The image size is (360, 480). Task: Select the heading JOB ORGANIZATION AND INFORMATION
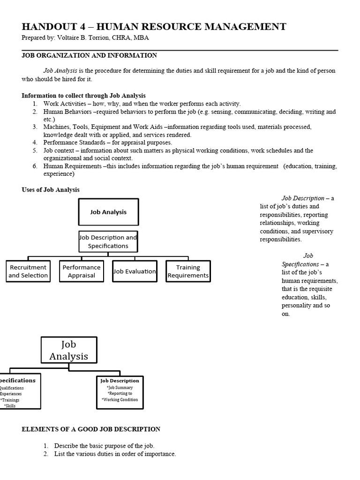[89, 55]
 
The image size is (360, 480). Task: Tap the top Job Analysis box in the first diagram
[108, 212]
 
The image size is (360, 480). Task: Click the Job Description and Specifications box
[108, 241]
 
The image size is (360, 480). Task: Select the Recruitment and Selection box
[28, 271]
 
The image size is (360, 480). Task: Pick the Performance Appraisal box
[82, 271]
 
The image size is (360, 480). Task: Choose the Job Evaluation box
[135, 271]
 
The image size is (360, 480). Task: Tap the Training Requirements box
[188, 271]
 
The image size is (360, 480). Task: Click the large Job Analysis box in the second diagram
[69, 351]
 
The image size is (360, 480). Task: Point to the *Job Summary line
[120, 388]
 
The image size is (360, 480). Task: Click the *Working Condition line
[120, 400]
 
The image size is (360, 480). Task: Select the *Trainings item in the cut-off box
[9, 400]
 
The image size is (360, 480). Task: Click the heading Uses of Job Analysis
[51, 190]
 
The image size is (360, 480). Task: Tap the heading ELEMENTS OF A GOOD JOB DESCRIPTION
[91, 429]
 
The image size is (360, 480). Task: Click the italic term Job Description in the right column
[303, 198]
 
